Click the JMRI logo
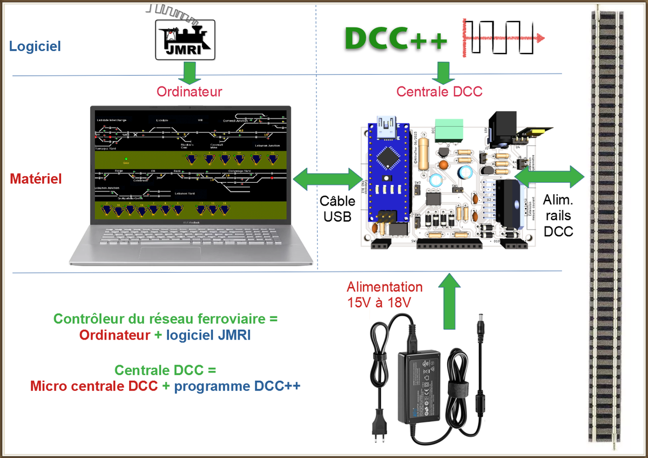pos(185,39)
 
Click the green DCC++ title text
pos(396,39)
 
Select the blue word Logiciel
pos(35,46)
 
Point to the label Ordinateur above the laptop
pos(189,91)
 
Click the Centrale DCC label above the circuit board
pos(439,91)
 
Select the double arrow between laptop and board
pos(327,180)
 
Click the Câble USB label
pos(337,209)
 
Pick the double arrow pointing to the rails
pos(549,176)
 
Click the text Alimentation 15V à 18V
pos(384,295)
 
